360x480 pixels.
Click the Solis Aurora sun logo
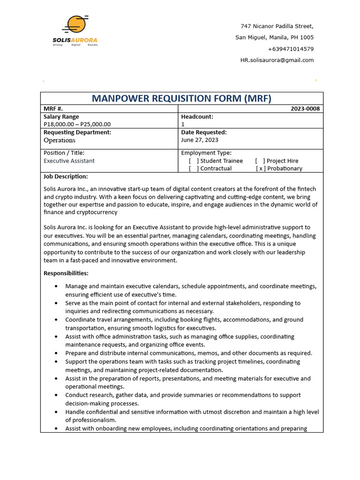76,26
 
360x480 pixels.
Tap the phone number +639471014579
291,49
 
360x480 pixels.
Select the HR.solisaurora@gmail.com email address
277,60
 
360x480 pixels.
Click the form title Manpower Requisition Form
181,98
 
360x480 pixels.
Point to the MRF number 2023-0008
305,109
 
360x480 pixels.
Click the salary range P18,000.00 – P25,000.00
77,124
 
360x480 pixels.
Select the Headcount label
197,117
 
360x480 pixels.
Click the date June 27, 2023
199,140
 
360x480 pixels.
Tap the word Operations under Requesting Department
59,140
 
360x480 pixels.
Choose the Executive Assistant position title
69,161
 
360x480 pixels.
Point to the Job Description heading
66,177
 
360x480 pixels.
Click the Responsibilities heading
66,273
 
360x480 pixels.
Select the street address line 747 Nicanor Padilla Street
277,26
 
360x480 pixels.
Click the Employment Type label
206,153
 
